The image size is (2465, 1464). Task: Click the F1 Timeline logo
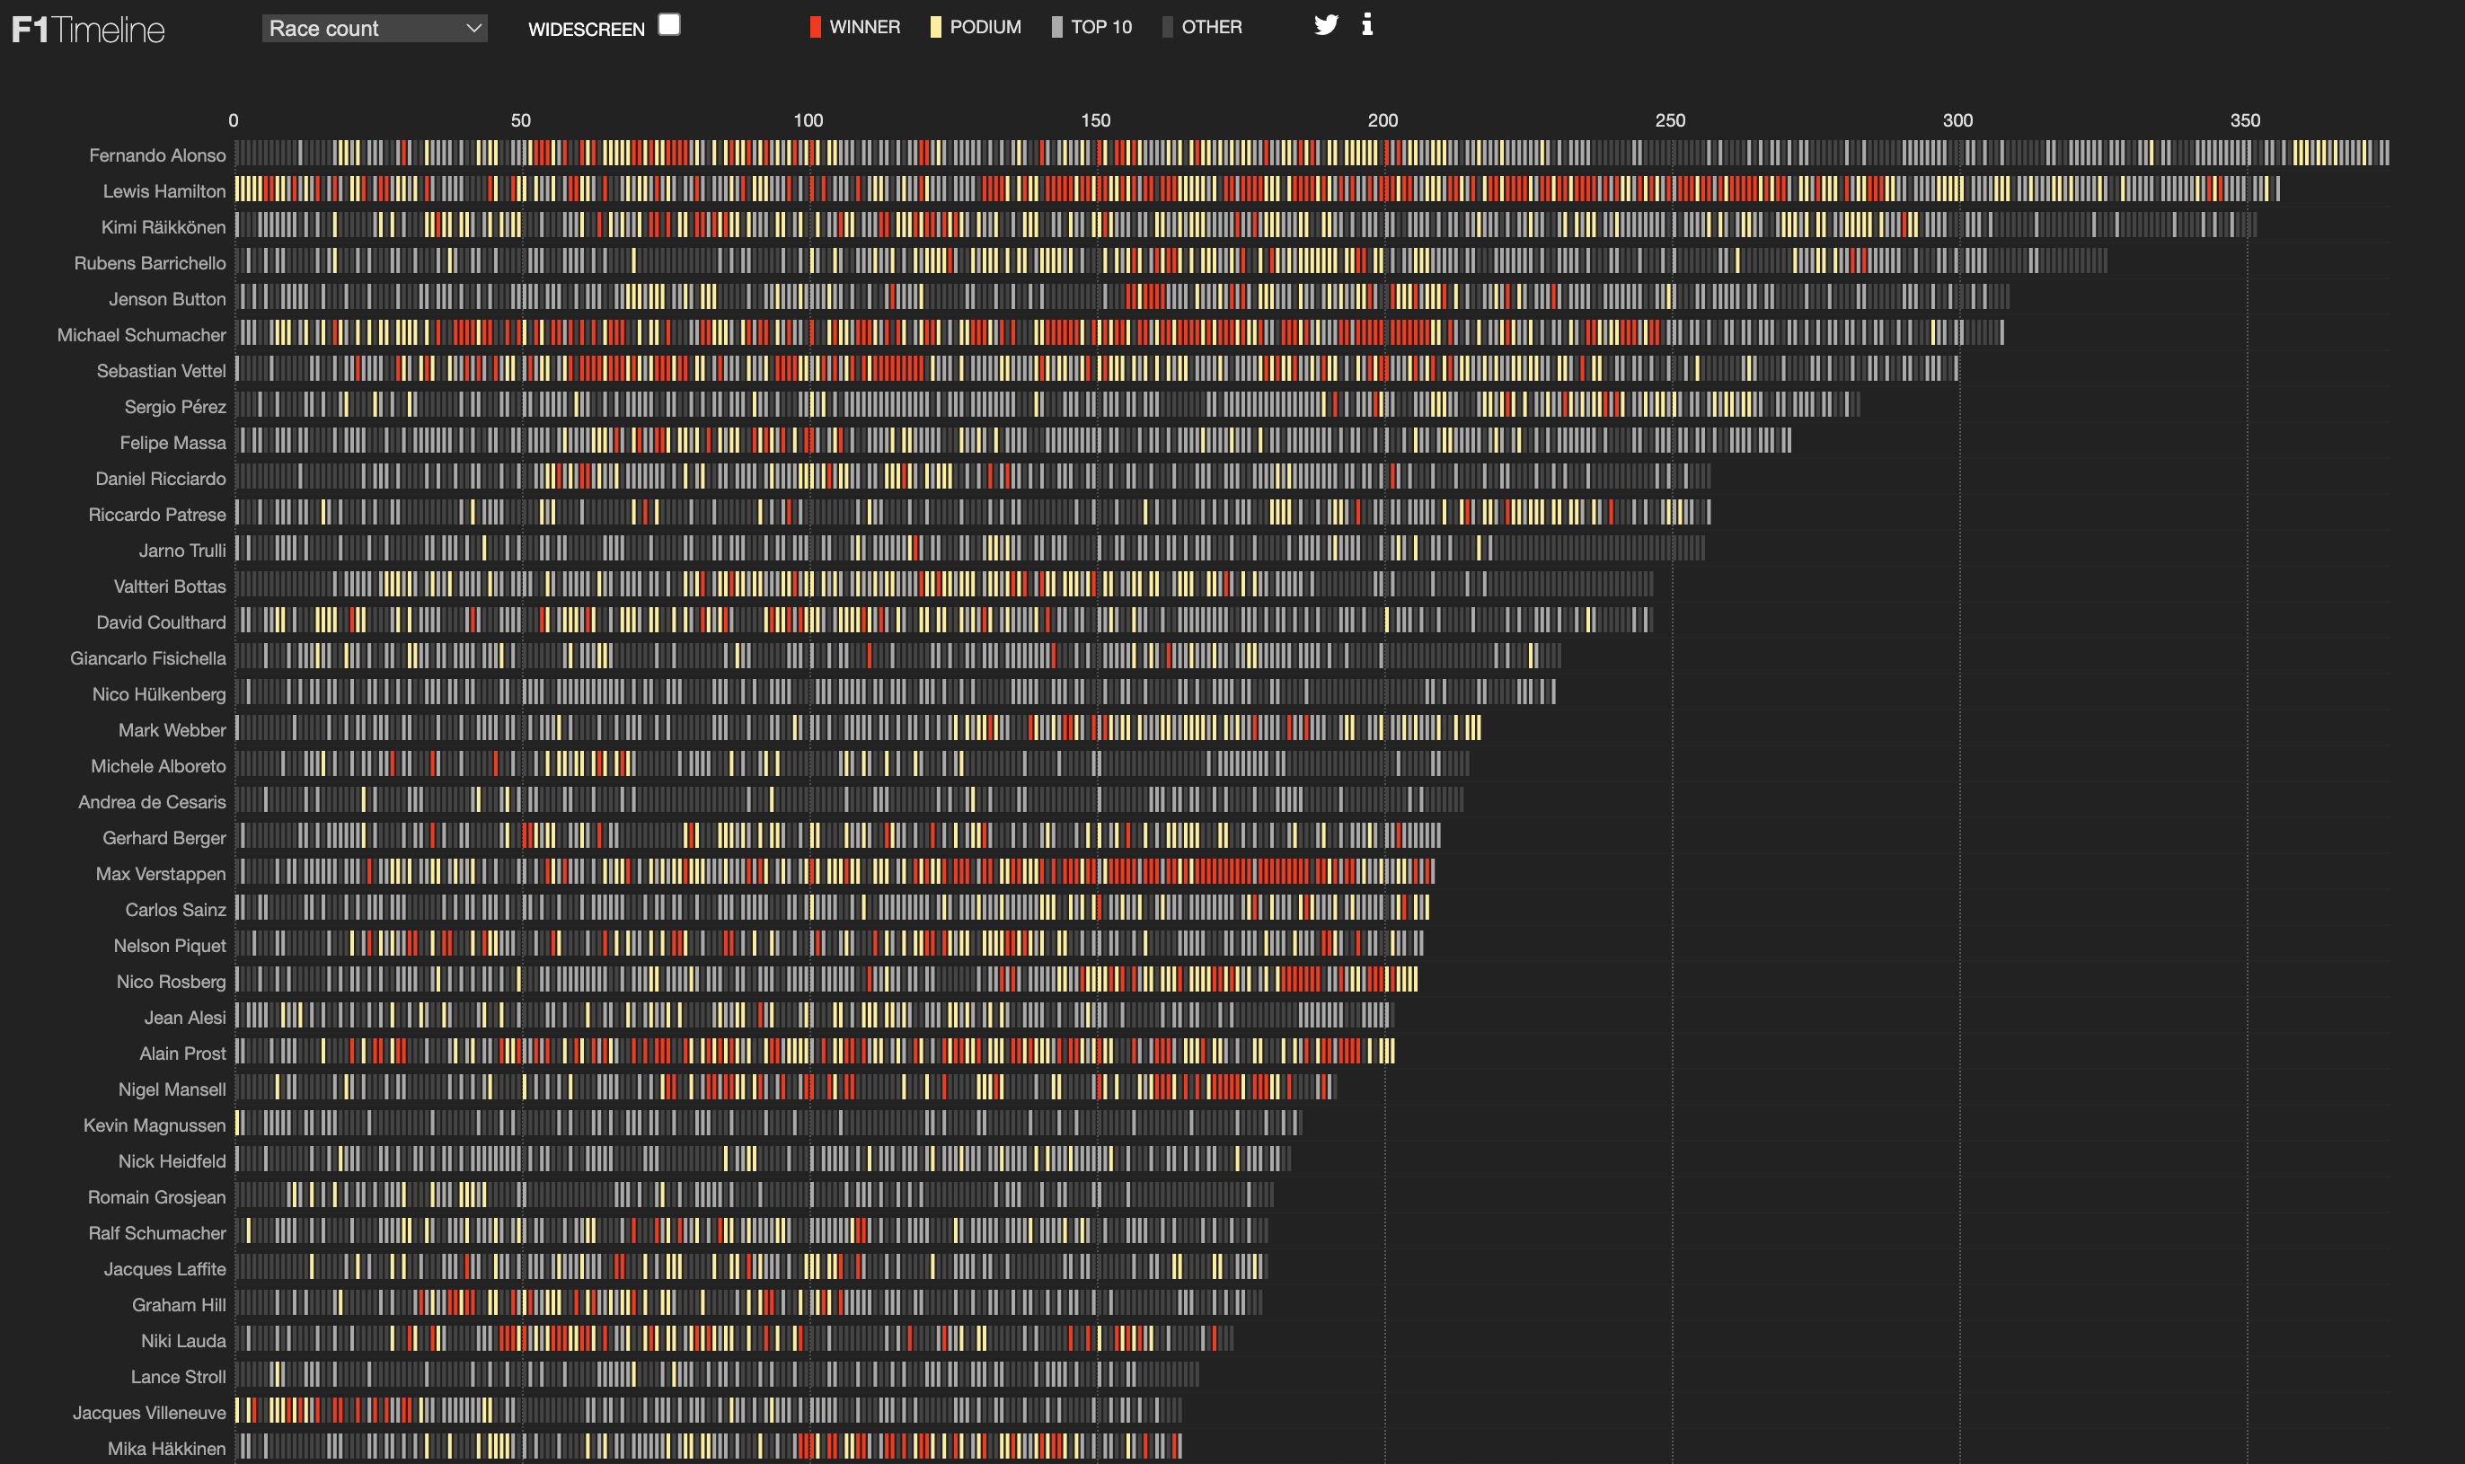pyautogui.click(x=88, y=30)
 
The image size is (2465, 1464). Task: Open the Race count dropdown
pyautogui.click(x=375, y=29)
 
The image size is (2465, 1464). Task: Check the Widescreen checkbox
pyautogui.click(x=668, y=24)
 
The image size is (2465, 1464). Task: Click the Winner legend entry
pyautogui.click(x=854, y=28)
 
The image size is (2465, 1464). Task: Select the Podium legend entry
pyautogui.click(x=975, y=28)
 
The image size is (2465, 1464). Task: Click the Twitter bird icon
pyautogui.click(x=1326, y=24)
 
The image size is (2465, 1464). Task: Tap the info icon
pyautogui.click(x=1367, y=24)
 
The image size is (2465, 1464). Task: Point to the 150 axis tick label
pyautogui.click(x=1095, y=120)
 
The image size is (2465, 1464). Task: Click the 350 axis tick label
pyautogui.click(x=2244, y=120)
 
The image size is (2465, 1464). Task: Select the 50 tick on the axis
pyautogui.click(x=521, y=120)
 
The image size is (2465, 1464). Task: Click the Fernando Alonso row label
pyautogui.click(x=157, y=154)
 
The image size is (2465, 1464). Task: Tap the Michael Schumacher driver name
pyautogui.click(x=141, y=335)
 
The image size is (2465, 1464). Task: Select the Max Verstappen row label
pyautogui.click(x=160, y=874)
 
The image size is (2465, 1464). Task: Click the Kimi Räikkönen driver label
pyautogui.click(x=163, y=227)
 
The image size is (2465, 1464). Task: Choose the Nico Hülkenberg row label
pyautogui.click(x=159, y=694)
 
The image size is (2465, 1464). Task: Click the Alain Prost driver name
pyautogui.click(x=182, y=1054)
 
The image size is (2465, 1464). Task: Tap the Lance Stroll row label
pyautogui.click(x=178, y=1376)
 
